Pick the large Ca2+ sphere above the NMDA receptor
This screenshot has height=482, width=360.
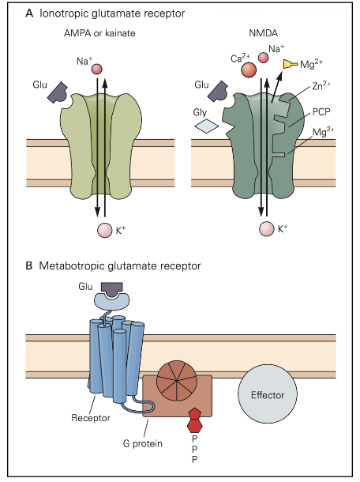249,70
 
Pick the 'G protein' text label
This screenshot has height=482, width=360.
144,444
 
